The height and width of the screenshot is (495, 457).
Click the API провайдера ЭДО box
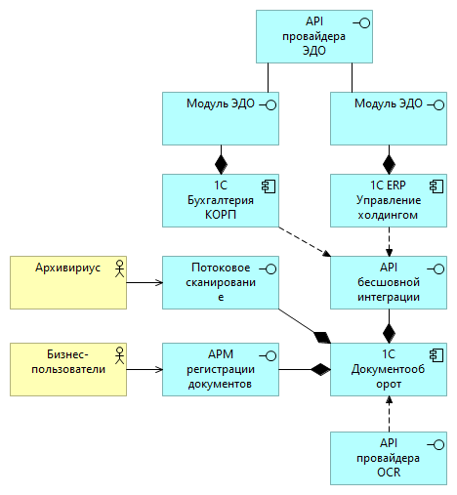tap(315, 37)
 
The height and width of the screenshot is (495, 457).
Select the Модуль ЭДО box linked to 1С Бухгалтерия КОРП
tap(221, 118)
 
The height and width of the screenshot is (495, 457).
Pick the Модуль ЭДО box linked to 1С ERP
tap(389, 118)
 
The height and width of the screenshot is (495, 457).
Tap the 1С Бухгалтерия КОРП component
tap(221, 201)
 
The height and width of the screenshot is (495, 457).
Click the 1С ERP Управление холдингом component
tap(389, 201)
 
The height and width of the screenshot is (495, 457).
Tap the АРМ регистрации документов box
tap(221, 369)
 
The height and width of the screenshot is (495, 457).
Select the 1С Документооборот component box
tap(389, 369)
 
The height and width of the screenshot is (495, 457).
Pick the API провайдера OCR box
tap(389, 458)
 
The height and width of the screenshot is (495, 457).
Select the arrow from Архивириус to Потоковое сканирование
tap(145, 283)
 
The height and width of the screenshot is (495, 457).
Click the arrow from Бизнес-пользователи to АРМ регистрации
tap(145, 369)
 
